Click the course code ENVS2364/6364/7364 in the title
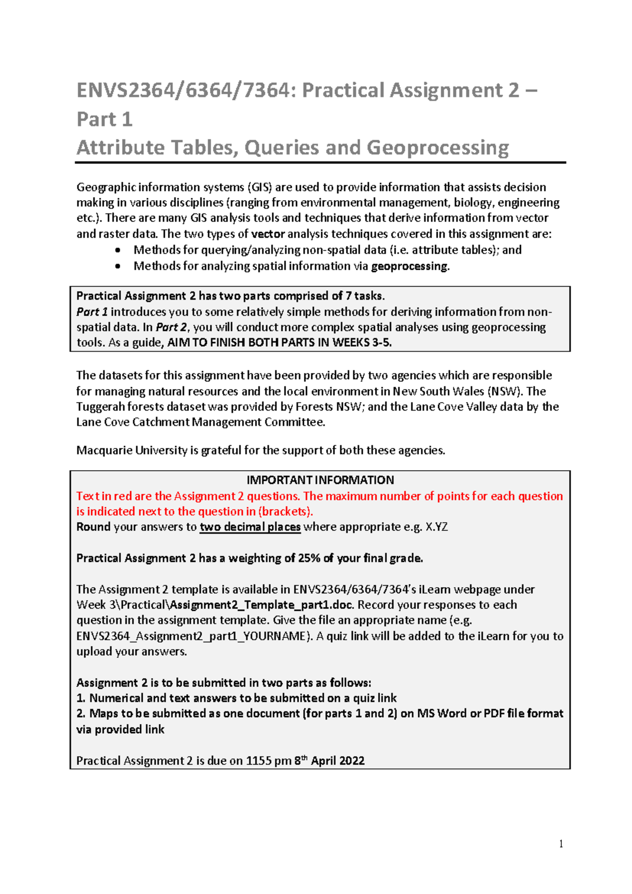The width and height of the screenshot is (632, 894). point(182,91)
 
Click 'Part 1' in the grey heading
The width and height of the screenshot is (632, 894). point(104,119)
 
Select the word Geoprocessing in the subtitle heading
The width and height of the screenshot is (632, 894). point(438,148)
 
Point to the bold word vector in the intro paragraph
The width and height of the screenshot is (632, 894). point(268,234)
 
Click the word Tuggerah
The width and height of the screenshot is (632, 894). point(99,407)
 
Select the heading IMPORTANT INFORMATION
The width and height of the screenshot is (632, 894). point(320,480)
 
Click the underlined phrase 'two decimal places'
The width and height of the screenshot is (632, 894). point(250,527)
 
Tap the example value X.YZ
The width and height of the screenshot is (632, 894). point(437,527)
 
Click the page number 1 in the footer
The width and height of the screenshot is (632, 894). point(561,844)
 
